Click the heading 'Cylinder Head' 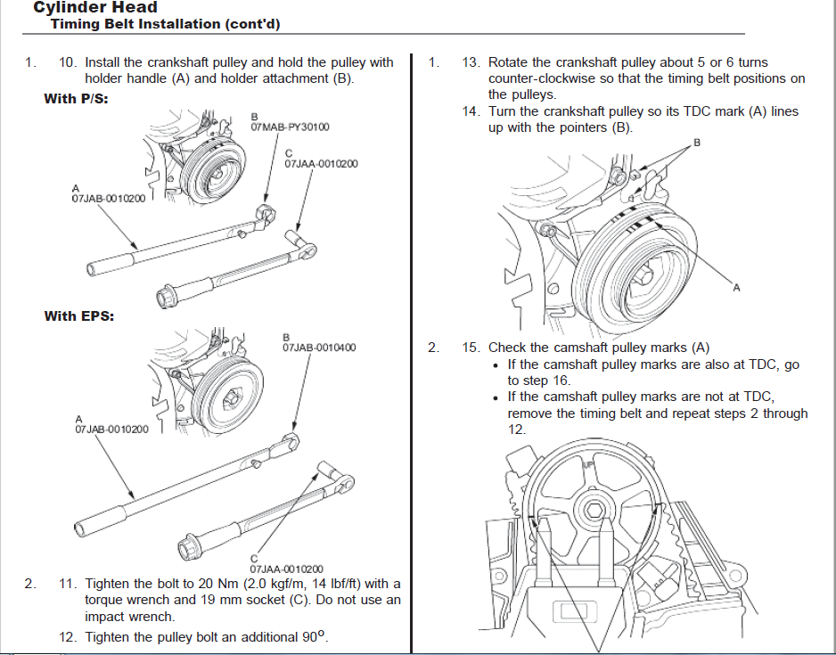pos(95,7)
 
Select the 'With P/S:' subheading pos(76,99)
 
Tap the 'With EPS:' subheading pos(79,316)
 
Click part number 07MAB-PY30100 pos(290,127)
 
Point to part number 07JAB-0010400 pos(319,348)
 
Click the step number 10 pos(68,62)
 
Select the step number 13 pos(471,62)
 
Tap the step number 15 pos(471,348)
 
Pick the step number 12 pos(68,637)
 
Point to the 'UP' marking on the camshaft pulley pos(588,464)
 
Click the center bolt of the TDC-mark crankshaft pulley pos(643,275)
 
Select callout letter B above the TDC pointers pos(696,143)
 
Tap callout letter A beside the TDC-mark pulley pos(736,288)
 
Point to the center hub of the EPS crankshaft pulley pos(233,397)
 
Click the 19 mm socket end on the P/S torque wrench pos(166,296)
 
